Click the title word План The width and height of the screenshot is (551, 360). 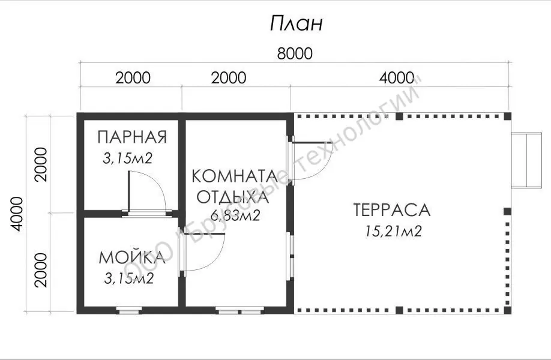(x=297, y=23)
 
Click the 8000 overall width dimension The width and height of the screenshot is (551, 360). (x=295, y=54)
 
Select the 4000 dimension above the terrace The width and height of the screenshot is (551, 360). (x=397, y=77)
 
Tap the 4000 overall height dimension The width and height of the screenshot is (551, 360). (x=17, y=214)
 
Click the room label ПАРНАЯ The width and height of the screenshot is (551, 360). (x=132, y=137)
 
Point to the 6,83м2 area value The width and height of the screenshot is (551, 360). (x=235, y=215)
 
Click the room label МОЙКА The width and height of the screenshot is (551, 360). (x=132, y=257)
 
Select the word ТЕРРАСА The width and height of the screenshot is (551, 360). (x=392, y=209)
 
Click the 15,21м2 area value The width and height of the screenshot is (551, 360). (x=394, y=231)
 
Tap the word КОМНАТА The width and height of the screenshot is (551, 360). (x=235, y=176)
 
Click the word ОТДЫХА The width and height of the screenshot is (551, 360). (x=233, y=197)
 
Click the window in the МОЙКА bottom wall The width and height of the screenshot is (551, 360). (x=128, y=310)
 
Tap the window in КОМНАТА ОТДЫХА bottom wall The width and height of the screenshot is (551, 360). (x=239, y=310)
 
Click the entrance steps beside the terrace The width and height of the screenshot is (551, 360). (x=526, y=160)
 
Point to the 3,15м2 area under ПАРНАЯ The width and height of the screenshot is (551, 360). (x=128, y=158)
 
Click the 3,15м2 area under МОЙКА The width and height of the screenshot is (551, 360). (x=129, y=278)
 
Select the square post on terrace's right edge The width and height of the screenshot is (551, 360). (x=507, y=211)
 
